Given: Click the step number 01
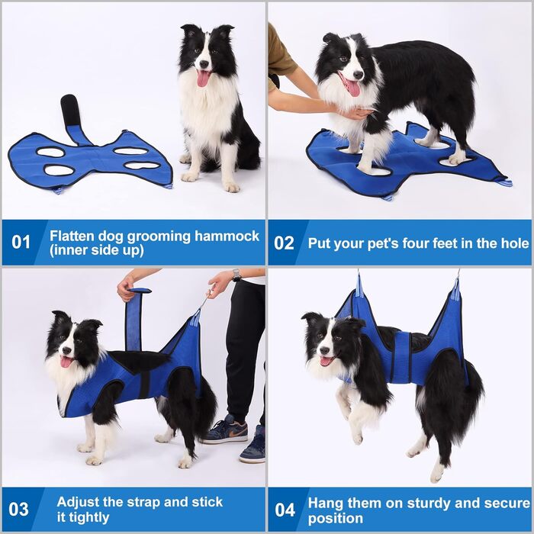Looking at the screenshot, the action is pos(21,242).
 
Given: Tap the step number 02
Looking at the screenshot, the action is pos(283,243).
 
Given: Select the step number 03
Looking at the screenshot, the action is pos(18,510).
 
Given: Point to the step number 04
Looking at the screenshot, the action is pos(285,510).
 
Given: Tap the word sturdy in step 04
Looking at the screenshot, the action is pos(428,503).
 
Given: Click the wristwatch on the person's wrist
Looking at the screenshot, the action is pos(236,275).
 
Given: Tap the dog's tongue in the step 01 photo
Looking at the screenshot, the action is pos(203,79).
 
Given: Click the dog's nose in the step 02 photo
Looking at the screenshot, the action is pos(358,74).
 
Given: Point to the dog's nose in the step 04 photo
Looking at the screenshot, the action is pos(324,350).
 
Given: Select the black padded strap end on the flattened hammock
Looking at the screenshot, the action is pos(70,110).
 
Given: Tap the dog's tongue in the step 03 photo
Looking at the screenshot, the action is pos(65,362).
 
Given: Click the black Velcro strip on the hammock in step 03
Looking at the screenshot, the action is pos(144,384).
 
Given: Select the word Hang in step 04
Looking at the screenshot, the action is pos(323,503).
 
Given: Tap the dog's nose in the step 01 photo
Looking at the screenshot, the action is pos(204,64).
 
